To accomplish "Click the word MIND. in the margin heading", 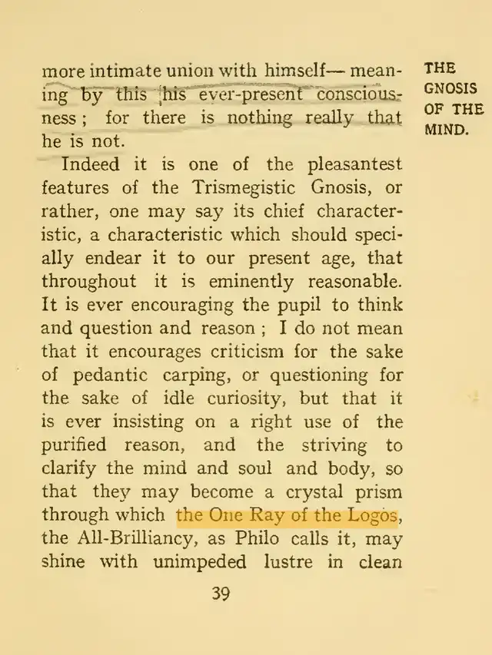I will [x=447, y=130].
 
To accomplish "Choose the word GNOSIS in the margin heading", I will [x=450, y=88].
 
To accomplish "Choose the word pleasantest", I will [x=354, y=164].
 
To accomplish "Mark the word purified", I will [x=80, y=445].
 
